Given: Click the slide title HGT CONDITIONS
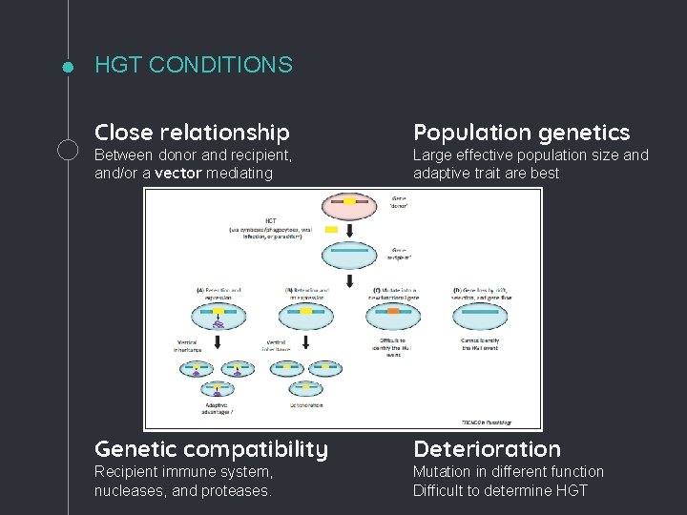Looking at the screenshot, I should pyautogui.click(x=194, y=65).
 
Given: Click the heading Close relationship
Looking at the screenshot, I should pyautogui.click(x=192, y=133).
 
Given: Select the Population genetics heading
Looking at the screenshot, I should pyautogui.click(x=521, y=133).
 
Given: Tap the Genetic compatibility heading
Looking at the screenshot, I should pyautogui.click(x=211, y=449).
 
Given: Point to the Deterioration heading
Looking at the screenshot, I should pyautogui.click(x=487, y=449).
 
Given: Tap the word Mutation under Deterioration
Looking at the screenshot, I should pyautogui.click(x=442, y=471).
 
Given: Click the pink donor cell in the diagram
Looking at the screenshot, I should pyautogui.click(x=349, y=203).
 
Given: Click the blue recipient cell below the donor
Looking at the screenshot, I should pyautogui.click(x=349, y=255).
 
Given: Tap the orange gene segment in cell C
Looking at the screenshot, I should pyautogui.click(x=392, y=311).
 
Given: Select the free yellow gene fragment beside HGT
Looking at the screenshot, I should pyautogui.click(x=331, y=230).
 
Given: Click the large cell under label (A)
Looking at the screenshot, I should pyautogui.click(x=219, y=314).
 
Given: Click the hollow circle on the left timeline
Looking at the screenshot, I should pyautogui.click(x=69, y=149).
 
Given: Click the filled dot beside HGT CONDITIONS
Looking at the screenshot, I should pyautogui.click(x=68, y=67).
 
